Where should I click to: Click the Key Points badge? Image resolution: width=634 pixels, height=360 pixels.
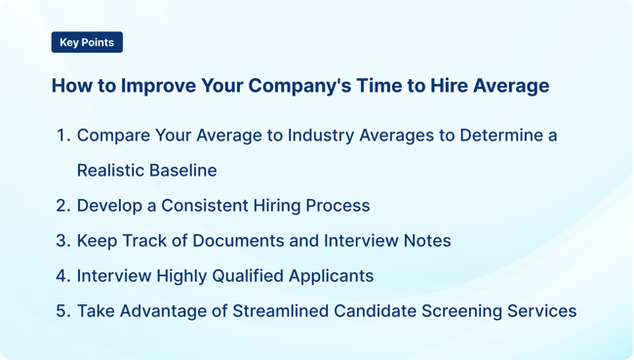(87, 43)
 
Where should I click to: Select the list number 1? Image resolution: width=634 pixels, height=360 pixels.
(62, 136)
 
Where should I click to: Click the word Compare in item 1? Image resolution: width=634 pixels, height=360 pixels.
(113, 136)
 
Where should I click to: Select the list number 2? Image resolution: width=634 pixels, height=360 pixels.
(62, 206)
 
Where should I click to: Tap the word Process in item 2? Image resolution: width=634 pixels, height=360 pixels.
(337, 206)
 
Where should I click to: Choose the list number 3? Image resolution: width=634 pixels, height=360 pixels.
(62, 241)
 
